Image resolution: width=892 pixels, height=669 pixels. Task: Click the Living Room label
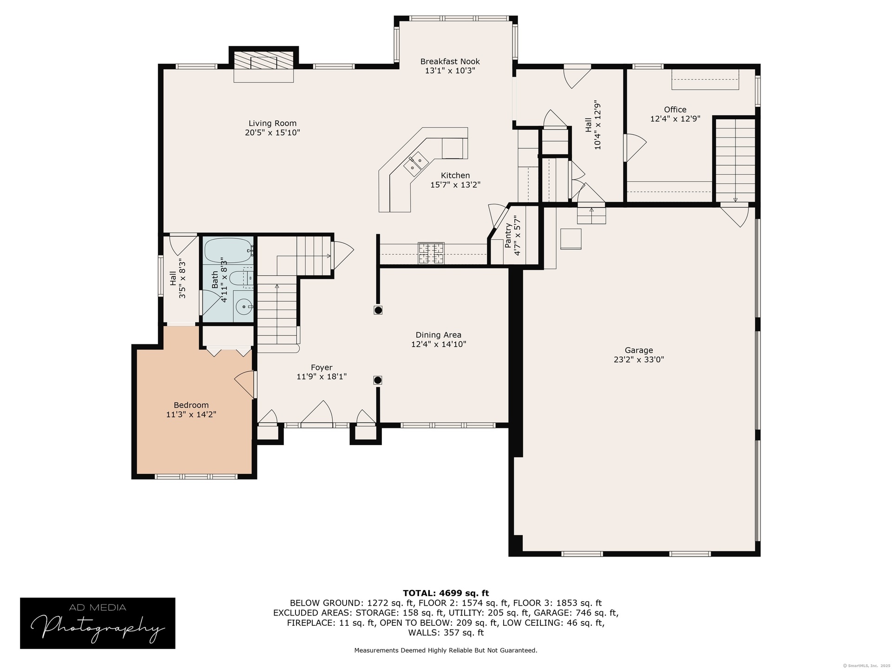(272, 123)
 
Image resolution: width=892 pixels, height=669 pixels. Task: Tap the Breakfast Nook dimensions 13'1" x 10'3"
(450, 71)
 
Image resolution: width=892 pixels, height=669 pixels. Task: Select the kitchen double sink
(416, 163)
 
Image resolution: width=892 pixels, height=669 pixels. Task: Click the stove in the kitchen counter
(431, 253)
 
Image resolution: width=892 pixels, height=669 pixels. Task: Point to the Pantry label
(508, 235)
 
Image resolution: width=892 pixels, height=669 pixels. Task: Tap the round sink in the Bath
(243, 307)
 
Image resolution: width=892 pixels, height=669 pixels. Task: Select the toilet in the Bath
(242, 278)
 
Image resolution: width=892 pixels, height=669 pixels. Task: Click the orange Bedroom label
(191, 405)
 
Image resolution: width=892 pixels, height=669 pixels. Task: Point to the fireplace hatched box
(263, 60)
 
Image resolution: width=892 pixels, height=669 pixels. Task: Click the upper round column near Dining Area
(378, 310)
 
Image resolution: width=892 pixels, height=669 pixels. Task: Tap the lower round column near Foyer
(378, 380)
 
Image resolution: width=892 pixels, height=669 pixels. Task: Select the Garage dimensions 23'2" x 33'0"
(639, 360)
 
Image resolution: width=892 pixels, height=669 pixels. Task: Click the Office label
(675, 110)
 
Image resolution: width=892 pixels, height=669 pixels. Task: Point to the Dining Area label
(439, 335)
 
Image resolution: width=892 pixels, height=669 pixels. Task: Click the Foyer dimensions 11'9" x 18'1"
(321, 377)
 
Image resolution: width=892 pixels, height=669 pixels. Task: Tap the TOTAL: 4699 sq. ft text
(446, 593)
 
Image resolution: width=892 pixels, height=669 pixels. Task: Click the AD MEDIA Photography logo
(98, 623)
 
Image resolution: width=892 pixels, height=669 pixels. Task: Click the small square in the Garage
(571, 239)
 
